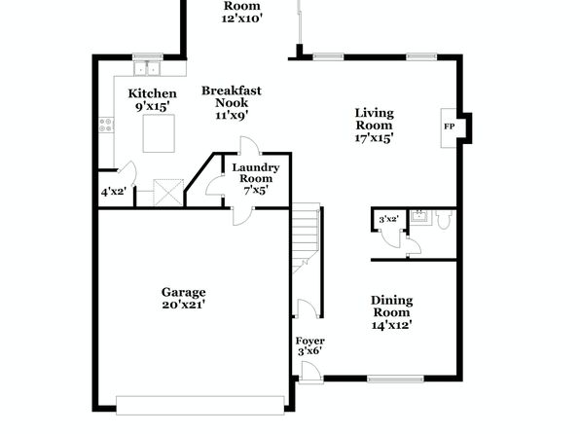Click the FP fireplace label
tap(449, 127)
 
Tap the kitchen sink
tap(147, 68)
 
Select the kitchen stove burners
tap(106, 125)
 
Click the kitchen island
tap(159, 133)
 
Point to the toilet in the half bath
tap(444, 219)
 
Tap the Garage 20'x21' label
tap(184, 298)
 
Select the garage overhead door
tap(200, 406)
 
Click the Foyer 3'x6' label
tap(310, 346)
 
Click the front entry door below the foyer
tap(310, 371)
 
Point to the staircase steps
tap(306, 237)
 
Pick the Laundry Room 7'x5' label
tap(256, 179)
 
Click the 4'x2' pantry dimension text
tap(114, 192)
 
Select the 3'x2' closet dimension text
tap(388, 219)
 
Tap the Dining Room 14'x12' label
tap(392, 312)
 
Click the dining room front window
tap(395, 379)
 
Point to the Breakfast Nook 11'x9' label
tap(232, 103)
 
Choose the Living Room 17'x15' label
tap(374, 126)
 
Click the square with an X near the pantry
tap(168, 193)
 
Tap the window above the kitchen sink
tap(148, 57)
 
